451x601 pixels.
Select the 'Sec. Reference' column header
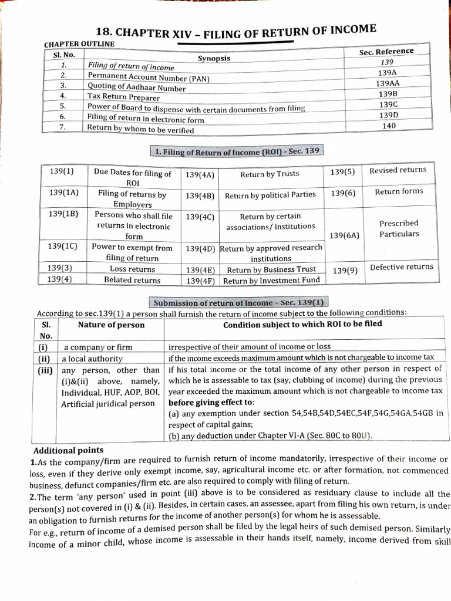click(386, 52)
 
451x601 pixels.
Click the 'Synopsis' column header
click(214, 58)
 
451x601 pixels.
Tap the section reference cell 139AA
click(387, 83)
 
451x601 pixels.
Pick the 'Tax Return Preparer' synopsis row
click(123, 97)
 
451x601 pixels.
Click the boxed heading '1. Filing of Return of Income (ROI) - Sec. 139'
click(236, 151)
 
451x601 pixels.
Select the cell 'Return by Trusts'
click(270, 174)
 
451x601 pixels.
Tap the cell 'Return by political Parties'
click(270, 195)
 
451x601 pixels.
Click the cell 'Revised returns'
click(398, 170)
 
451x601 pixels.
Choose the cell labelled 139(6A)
click(344, 235)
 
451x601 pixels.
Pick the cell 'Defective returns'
click(401, 267)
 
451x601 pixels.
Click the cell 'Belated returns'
click(132, 281)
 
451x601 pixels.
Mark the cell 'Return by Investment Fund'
click(271, 281)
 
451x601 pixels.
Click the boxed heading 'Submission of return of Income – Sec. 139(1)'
click(238, 302)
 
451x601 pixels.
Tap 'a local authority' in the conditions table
click(93, 359)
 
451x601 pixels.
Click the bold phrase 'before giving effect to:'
click(211, 403)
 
